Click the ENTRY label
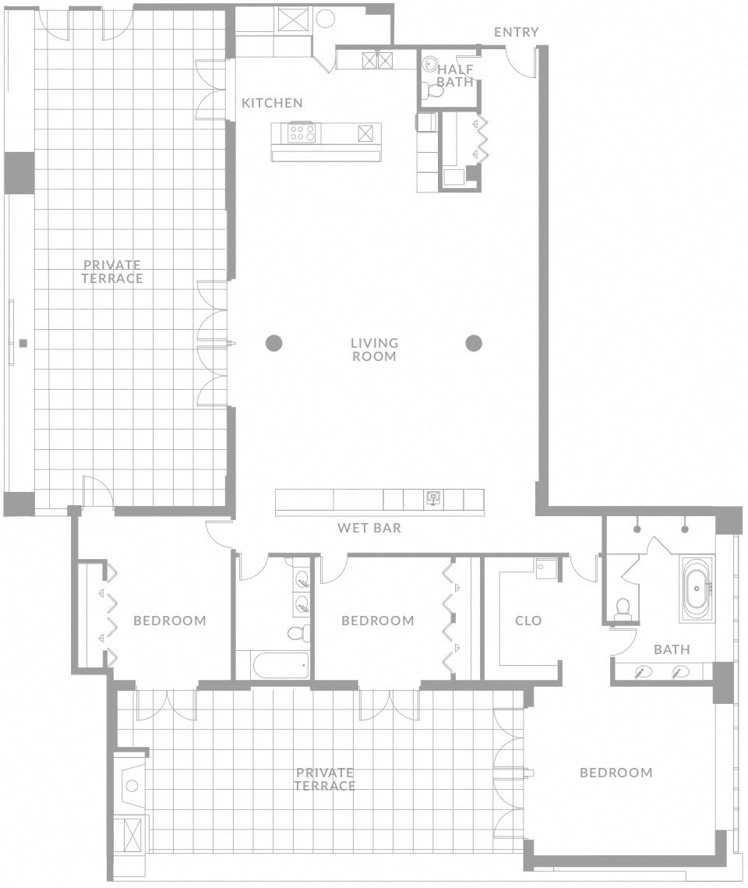coord(516,32)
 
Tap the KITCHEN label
coord(272,103)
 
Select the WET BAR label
coord(369,528)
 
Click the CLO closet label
coord(528,621)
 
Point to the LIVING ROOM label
coord(374,349)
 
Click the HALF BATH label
coord(455,76)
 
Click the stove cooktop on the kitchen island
coord(302,133)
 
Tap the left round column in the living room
coord(273,342)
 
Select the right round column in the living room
coord(474,342)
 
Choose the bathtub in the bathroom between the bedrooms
coord(280,665)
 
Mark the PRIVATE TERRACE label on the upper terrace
coord(113,271)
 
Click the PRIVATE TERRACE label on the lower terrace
coord(325,779)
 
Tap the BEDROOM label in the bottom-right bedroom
coord(616,773)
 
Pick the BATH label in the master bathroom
coord(672,649)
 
